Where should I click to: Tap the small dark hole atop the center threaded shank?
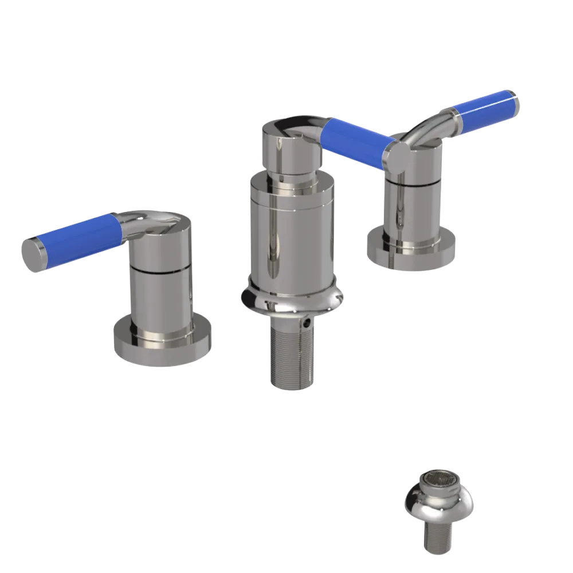pos(309,324)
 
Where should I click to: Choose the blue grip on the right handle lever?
pos(484,112)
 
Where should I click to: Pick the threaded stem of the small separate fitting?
pos(438,539)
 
